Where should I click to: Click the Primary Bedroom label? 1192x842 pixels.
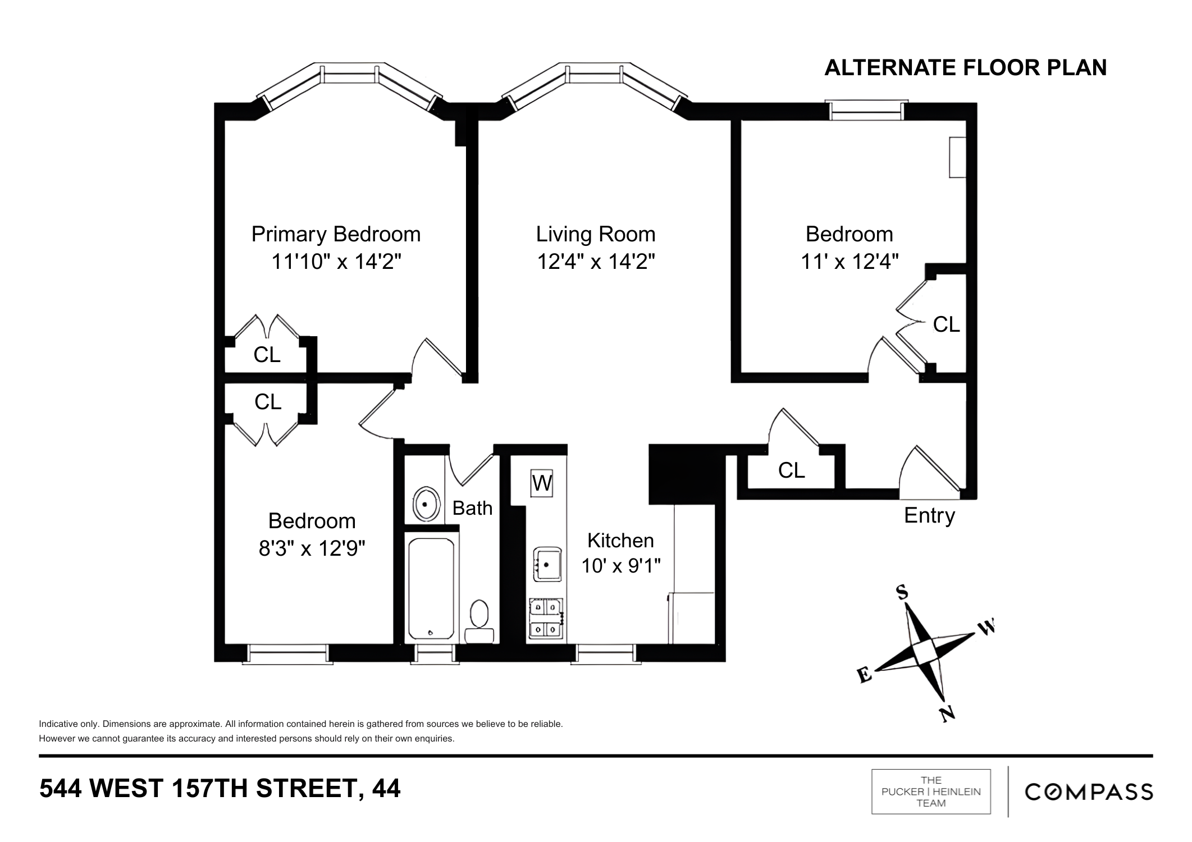coord(336,234)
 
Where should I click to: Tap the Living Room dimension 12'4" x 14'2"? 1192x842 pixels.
coord(596,262)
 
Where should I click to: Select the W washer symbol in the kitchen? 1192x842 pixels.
coord(542,483)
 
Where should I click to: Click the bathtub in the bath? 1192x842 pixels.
coord(431,588)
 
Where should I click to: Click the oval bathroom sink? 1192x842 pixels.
coord(426,505)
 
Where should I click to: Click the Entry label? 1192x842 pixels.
coord(929,515)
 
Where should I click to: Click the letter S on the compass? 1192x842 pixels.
coord(902,592)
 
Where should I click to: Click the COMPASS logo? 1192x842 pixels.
coord(1089,792)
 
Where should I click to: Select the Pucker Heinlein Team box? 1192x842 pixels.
coord(931,791)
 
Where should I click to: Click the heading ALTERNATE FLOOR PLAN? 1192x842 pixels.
coord(965,68)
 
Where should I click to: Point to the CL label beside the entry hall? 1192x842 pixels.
coord(791,470)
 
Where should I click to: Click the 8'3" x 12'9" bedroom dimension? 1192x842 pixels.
coord(312,548)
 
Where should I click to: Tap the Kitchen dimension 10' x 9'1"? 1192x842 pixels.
coord(620,566)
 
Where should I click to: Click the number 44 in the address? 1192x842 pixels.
coord(386,789)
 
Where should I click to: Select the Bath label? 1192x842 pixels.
coord(472,508)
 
